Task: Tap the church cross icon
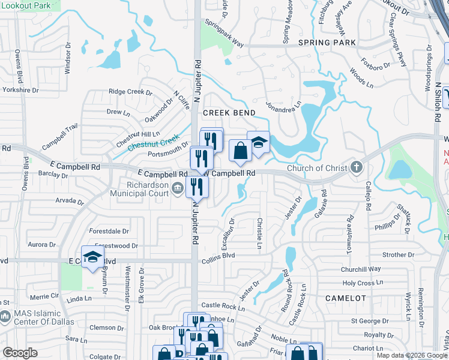coord(357,167)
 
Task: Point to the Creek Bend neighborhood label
coord(229,113)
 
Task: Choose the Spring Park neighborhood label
coord(327,43)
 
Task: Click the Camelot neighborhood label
coord(346,298)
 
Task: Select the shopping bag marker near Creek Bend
coord(240,151)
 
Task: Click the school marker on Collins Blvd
coord(92,257)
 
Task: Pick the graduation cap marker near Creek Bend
coord(258,143)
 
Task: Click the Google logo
coord(20,353)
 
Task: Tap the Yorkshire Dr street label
coord(20,90)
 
